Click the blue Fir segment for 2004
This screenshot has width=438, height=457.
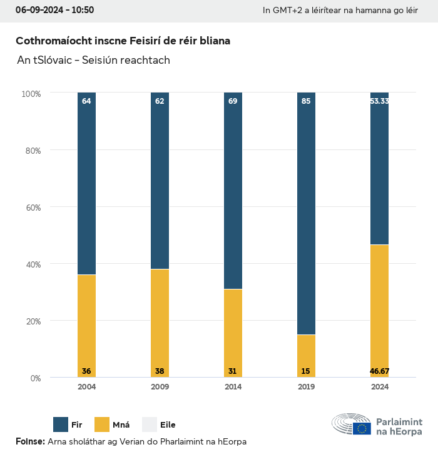(86, 184)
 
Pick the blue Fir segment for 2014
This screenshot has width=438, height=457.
(233, 191)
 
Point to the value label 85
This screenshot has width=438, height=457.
(306, 101)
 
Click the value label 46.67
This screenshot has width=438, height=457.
(379, 371)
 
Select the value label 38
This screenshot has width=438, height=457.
(160, 371)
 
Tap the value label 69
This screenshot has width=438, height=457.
(233, 101)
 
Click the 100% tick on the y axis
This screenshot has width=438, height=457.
(31, 94)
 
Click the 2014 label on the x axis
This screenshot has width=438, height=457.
(233, 387)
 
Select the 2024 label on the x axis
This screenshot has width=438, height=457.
(379, 387)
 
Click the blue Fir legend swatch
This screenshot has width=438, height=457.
(61, 424)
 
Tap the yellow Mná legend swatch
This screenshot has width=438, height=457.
(101, 424)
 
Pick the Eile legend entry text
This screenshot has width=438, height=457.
(168, 425)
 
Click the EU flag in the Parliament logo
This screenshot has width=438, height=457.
(362, 428)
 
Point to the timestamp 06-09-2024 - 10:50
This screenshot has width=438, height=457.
(54, 10)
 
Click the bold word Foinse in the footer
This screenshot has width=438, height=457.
(29, 441)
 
